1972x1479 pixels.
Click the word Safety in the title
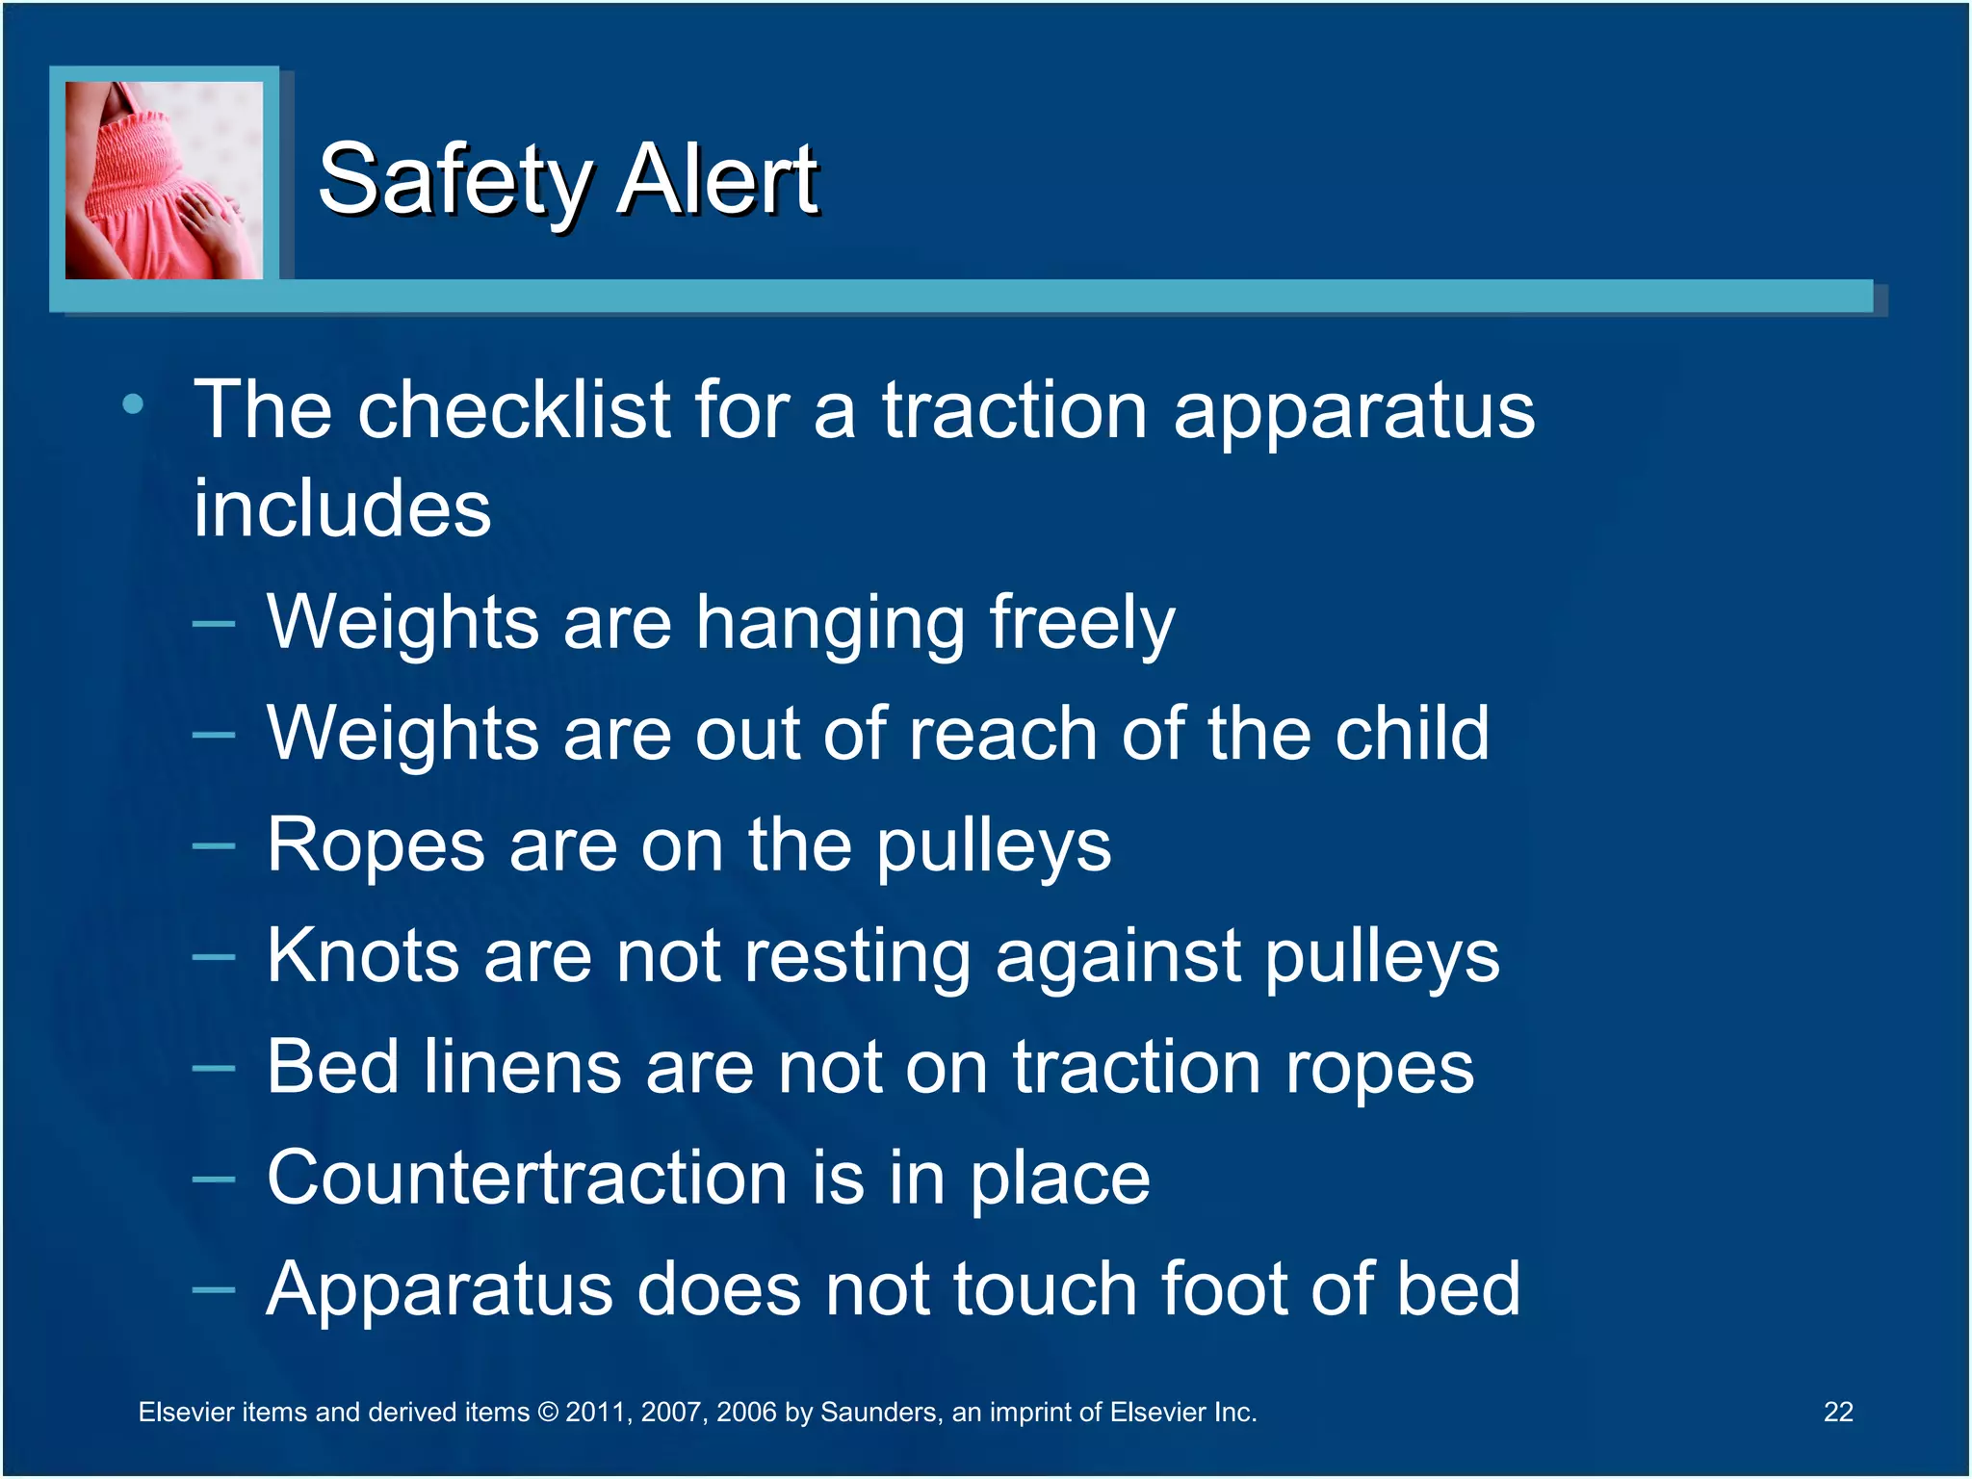pyautogui.click(x=454, y=180)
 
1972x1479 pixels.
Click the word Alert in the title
pyautogui.click(x=716, y=180)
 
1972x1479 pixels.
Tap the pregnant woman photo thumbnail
pyautogui.click(x=164, y=180)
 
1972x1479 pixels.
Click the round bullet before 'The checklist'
pyautogui.click(x=134, y=404)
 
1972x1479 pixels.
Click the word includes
pyautogui.click(x=342, y=508)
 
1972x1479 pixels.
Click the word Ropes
pyautogui.click(x=376, y=845)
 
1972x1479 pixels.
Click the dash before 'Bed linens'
pyautogui.click(x=213, y=1068)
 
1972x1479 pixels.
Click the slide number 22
pyautogui.click(x=1837, y=1412)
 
